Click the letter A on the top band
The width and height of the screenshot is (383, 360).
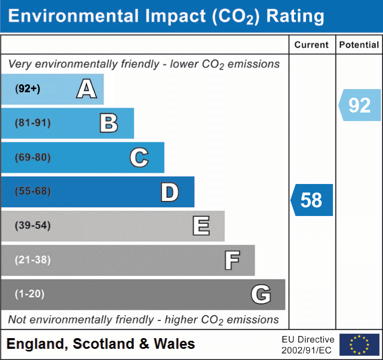pyautogui.click(x=86, y=89)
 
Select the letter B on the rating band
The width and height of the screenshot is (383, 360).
pyautogui.click(x=109, y=123)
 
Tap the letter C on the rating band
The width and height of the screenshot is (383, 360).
pyautogui.click(x=139, y=157)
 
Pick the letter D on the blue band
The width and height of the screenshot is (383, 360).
pyautogui.click(x=169, y=192)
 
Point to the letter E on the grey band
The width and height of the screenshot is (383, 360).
pyautogui.click(x=201, y=226)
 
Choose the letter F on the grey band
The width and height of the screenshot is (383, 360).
pyautogui.click(x=232, y=260)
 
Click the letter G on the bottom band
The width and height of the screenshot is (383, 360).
pyautogui.click(x=261, y=294)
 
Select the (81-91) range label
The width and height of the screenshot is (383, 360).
pyautogui.click(x=33, y=123)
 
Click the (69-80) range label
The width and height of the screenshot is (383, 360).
pyautogui.click(x=33, y=157)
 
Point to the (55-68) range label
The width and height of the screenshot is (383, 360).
pyautogui.click(x=33, y=191)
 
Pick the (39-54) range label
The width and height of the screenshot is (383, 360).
pyautogui.click(x=33, y=226)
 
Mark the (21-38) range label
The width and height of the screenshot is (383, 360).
pyautogui.click(x=33, y=260)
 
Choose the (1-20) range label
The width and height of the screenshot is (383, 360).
pyautogui.click(x=30, y=294)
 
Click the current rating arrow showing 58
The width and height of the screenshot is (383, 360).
pyautogui.click(x=312, y=200)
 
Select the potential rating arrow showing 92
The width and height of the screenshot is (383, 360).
pyautogui.click(x=360, y=105)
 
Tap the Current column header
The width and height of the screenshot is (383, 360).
pyautogui.click(x=312, y=45)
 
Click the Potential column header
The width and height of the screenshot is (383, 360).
pyautogui.click(x=359, y=45)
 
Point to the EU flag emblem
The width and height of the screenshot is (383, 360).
pyautogui.click(x=359, y=345)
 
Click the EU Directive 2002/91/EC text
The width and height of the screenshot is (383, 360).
pyautogui.click(x=308, y=345)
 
